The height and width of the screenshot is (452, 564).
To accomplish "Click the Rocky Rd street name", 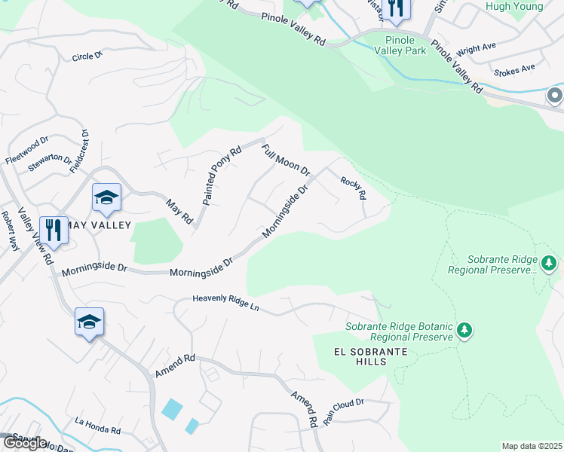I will tap(353, 188).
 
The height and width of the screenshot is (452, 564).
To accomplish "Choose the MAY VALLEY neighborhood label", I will tap(98, 225).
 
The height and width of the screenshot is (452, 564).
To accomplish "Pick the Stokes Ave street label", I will tap(514, 70).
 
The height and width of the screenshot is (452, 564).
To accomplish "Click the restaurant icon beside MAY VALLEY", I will tap(53, 229).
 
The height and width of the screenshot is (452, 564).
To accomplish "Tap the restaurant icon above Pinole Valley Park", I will tap(396, 8).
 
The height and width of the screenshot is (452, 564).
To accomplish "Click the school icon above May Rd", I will tap(106, 197).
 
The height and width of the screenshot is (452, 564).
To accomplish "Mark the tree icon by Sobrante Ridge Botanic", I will tap(465, 329).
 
